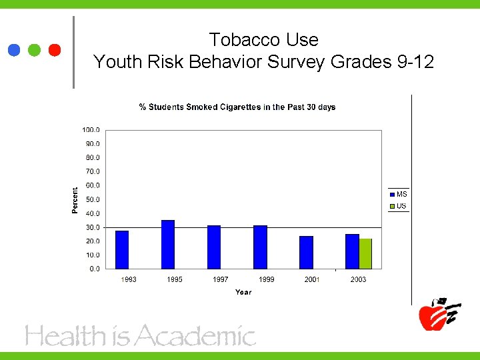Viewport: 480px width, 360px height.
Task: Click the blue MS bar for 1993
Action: coord(122,249)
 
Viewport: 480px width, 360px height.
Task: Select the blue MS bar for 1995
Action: coord(168,244)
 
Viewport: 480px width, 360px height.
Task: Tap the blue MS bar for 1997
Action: coord(214,247)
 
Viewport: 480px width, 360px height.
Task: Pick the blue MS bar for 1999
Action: coord(260,247)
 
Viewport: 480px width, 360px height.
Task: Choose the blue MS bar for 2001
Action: coord(306,252)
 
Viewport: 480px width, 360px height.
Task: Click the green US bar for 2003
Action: coord(365,253)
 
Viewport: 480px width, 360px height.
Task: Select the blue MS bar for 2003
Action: coord(352,251)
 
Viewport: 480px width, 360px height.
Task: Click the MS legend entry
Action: coord(398,194)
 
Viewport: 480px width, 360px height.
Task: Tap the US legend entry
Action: coord(398,206)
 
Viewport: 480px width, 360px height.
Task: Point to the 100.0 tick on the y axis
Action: coord(91,129)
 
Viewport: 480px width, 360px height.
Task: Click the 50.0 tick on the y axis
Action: coord(93,199)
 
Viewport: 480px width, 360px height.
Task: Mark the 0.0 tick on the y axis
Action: coord(95,269)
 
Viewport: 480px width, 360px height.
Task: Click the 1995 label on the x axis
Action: coord(175,279)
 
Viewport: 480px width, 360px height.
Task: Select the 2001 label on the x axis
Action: coord(312,279)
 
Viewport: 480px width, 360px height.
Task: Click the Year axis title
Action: coord(243,292)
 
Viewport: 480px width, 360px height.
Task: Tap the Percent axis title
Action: coord(75,200)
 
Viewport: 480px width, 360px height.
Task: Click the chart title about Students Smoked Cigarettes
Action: coord(237,107)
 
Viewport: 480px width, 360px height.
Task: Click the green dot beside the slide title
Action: coord(35,50)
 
